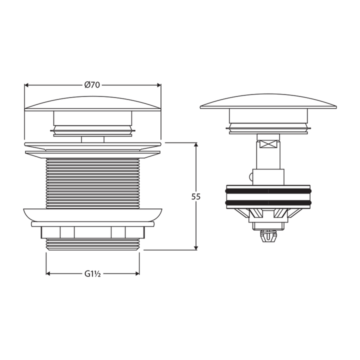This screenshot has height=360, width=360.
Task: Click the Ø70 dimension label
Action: pos(92,85)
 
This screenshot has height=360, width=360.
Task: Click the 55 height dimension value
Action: pos(196,196)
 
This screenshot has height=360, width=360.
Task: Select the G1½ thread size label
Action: pos(92,273)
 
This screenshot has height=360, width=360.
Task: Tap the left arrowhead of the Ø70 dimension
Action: pos(27,85)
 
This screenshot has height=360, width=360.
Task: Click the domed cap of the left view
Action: pos(92,103)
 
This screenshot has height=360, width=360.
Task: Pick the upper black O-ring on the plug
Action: pos(268,190)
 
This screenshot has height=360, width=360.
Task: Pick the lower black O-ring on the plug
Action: pos(268,202)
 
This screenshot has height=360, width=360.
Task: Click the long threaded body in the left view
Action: pos(92,182)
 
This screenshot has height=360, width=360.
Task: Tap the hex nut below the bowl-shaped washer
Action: pos(92,232)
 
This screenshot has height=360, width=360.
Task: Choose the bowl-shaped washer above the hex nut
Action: pos(92,214)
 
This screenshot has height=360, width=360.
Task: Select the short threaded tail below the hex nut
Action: pos(92,243)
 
